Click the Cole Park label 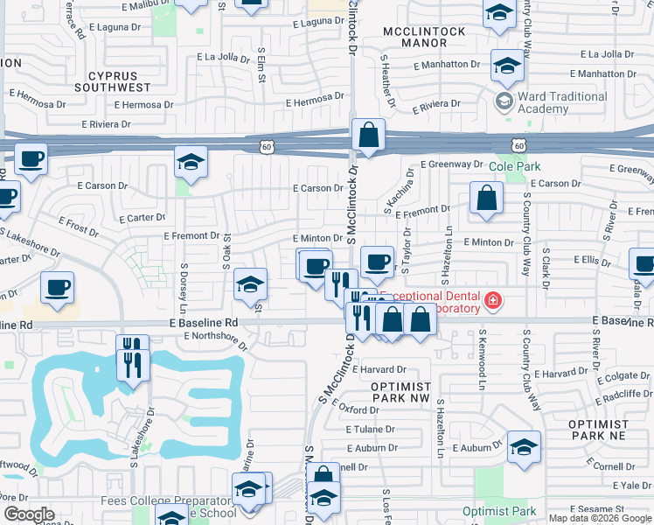515,166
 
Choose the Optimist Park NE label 598,429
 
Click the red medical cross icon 494,301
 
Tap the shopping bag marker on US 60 369,136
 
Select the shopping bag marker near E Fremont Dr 486,198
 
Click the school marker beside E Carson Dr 191,162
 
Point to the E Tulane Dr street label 371,430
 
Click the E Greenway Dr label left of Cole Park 451,164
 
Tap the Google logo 29,514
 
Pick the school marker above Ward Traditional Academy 506,65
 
